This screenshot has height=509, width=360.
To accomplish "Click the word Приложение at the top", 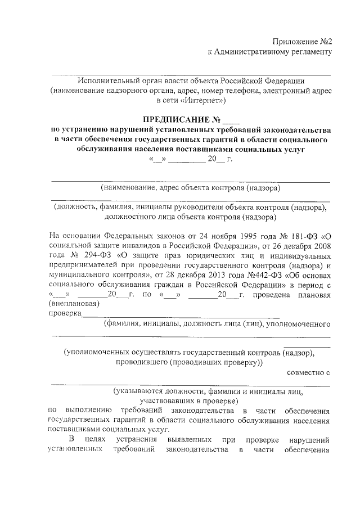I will coord(295,42).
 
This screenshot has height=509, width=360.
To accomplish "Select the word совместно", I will coord(304,372).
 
